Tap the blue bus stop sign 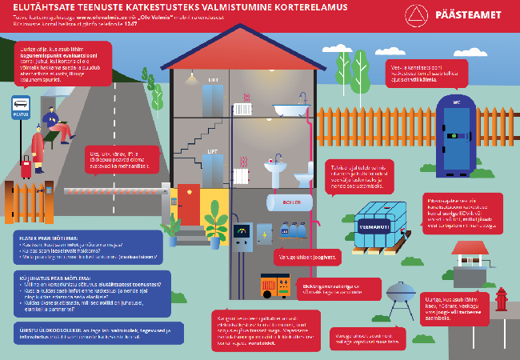(20, 106)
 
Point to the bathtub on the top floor (286, 110)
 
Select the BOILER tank (290, 202)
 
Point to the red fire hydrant (501, 298)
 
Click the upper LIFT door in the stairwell (212, 98)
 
